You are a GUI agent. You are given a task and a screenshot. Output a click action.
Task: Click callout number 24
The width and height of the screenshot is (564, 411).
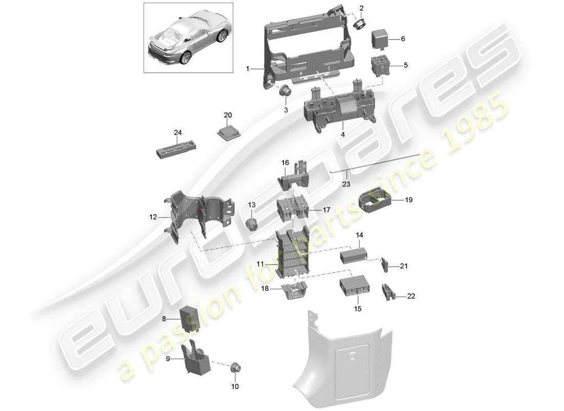tap(178, 133)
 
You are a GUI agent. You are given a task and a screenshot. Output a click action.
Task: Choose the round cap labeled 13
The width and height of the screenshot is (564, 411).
tap(252, 223)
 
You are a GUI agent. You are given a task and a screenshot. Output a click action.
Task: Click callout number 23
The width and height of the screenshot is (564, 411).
tap(347, 183)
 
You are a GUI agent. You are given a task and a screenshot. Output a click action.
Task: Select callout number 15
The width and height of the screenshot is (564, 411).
tap(357, 309)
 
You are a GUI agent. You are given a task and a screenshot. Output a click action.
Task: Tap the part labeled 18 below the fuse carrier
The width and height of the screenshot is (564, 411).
tap(293, 291)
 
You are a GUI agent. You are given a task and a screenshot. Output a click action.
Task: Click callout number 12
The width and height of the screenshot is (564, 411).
tap(153, 218)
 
